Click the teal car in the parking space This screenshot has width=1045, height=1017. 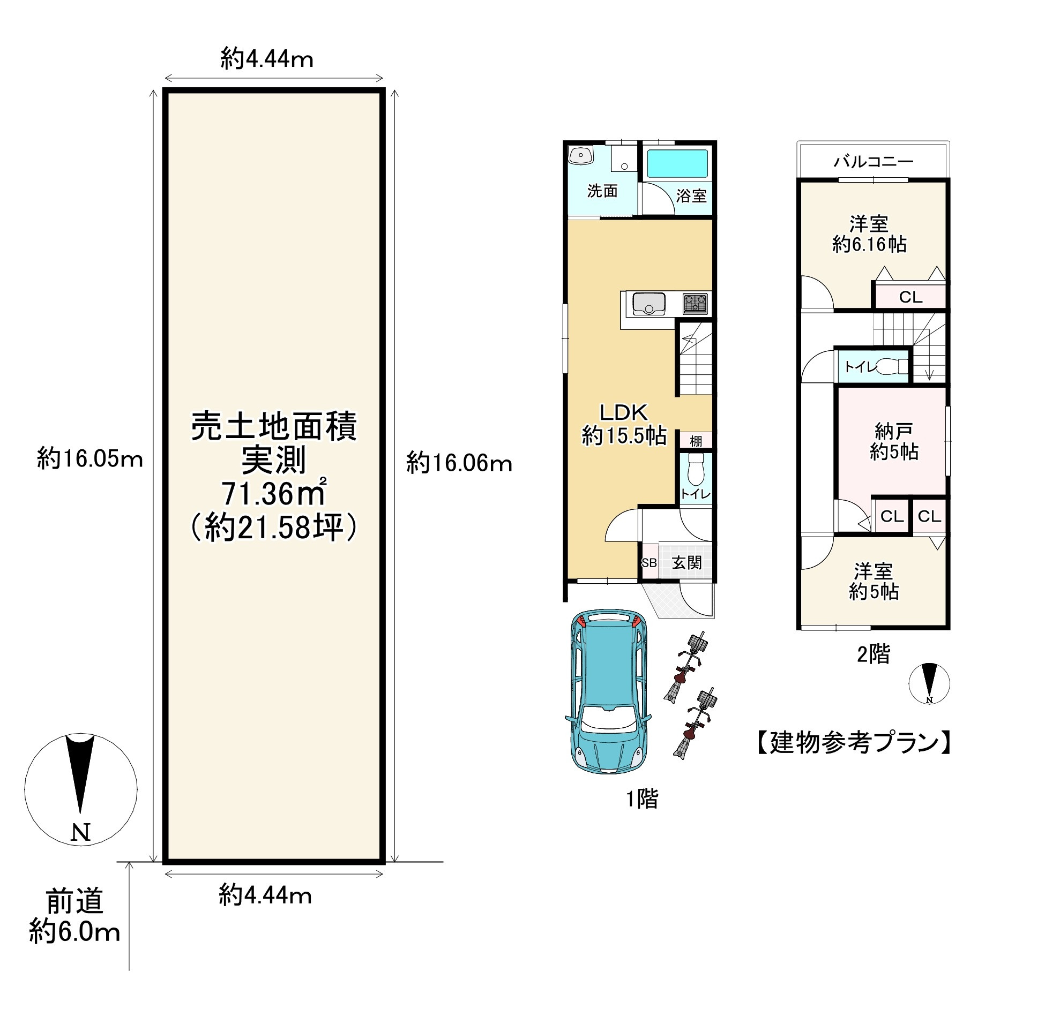pos(608,691)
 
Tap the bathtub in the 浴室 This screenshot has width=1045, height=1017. pos(677,163)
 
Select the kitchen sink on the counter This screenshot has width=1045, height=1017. pos(648,304)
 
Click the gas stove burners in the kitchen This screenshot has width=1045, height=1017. pos(695,304)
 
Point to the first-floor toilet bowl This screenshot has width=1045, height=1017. pos(696,470)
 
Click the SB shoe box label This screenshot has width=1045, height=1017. pos(649,563)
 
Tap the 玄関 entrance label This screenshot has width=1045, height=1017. pos(686,562)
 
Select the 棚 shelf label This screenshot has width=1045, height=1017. pos(696,441)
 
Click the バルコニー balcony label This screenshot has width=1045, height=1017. pos(873,161)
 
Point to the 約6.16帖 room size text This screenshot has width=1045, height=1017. pos(869,245)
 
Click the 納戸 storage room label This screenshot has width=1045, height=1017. pos(894,430)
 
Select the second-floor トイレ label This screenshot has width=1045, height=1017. pos(860,366)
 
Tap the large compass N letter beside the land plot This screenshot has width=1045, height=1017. pos(80,832)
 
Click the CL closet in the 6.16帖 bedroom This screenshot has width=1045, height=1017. pos(910,297)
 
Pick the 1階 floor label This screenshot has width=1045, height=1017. pos(642,799)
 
